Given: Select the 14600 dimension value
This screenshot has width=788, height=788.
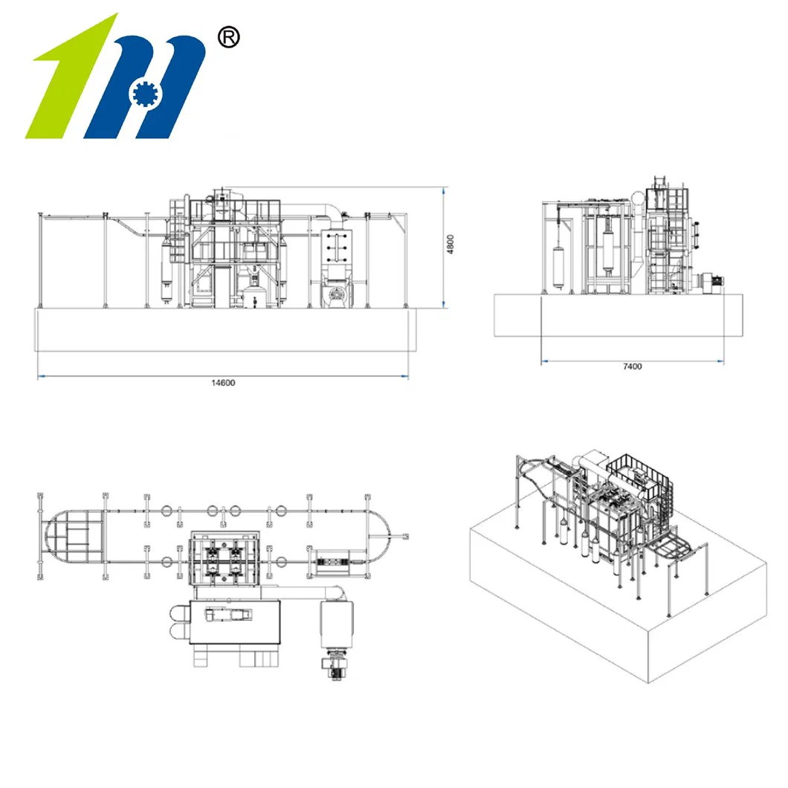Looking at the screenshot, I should [x=223, y=383].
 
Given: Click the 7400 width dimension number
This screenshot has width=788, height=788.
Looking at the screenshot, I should [x=633, y=366].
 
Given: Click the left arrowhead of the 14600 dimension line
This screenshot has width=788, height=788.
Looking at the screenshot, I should [x=42, y=376].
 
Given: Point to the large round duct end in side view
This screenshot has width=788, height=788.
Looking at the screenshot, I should [x=638, y=198].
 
